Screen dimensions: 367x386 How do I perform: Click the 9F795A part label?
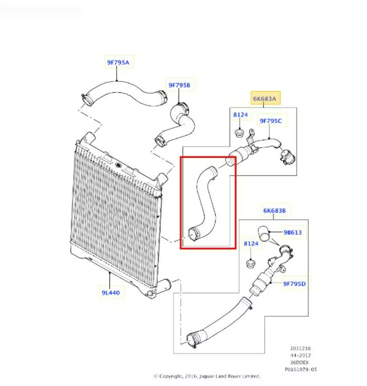coord(118,62)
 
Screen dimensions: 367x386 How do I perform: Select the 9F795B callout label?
coord(179,85)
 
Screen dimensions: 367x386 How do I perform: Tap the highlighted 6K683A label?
coord(265,99)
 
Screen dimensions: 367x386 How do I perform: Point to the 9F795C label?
coord(271,121)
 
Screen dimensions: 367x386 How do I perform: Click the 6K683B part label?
coord(274,210)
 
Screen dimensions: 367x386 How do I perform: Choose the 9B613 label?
coord(293,232)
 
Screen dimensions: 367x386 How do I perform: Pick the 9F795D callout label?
coord(295,284)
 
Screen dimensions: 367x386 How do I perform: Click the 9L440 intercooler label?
coord(111,293)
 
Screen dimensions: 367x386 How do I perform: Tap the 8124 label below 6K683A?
coord(240,115)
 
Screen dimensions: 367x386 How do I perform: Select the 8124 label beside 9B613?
coord(251,244)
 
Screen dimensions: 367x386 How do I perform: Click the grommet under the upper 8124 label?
coord(239,133)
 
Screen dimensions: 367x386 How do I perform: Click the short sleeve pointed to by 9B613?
coord(264,233)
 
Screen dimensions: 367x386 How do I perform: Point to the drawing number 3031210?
coord(301,348)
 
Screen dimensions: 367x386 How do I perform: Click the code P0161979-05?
coord(301,369)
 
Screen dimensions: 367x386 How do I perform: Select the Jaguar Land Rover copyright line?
coord(207,376)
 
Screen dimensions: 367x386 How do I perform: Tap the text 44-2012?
coord(301,355)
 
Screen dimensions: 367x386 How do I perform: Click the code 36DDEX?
coord(299,362)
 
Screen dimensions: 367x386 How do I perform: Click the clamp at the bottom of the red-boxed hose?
coord(194,234)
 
